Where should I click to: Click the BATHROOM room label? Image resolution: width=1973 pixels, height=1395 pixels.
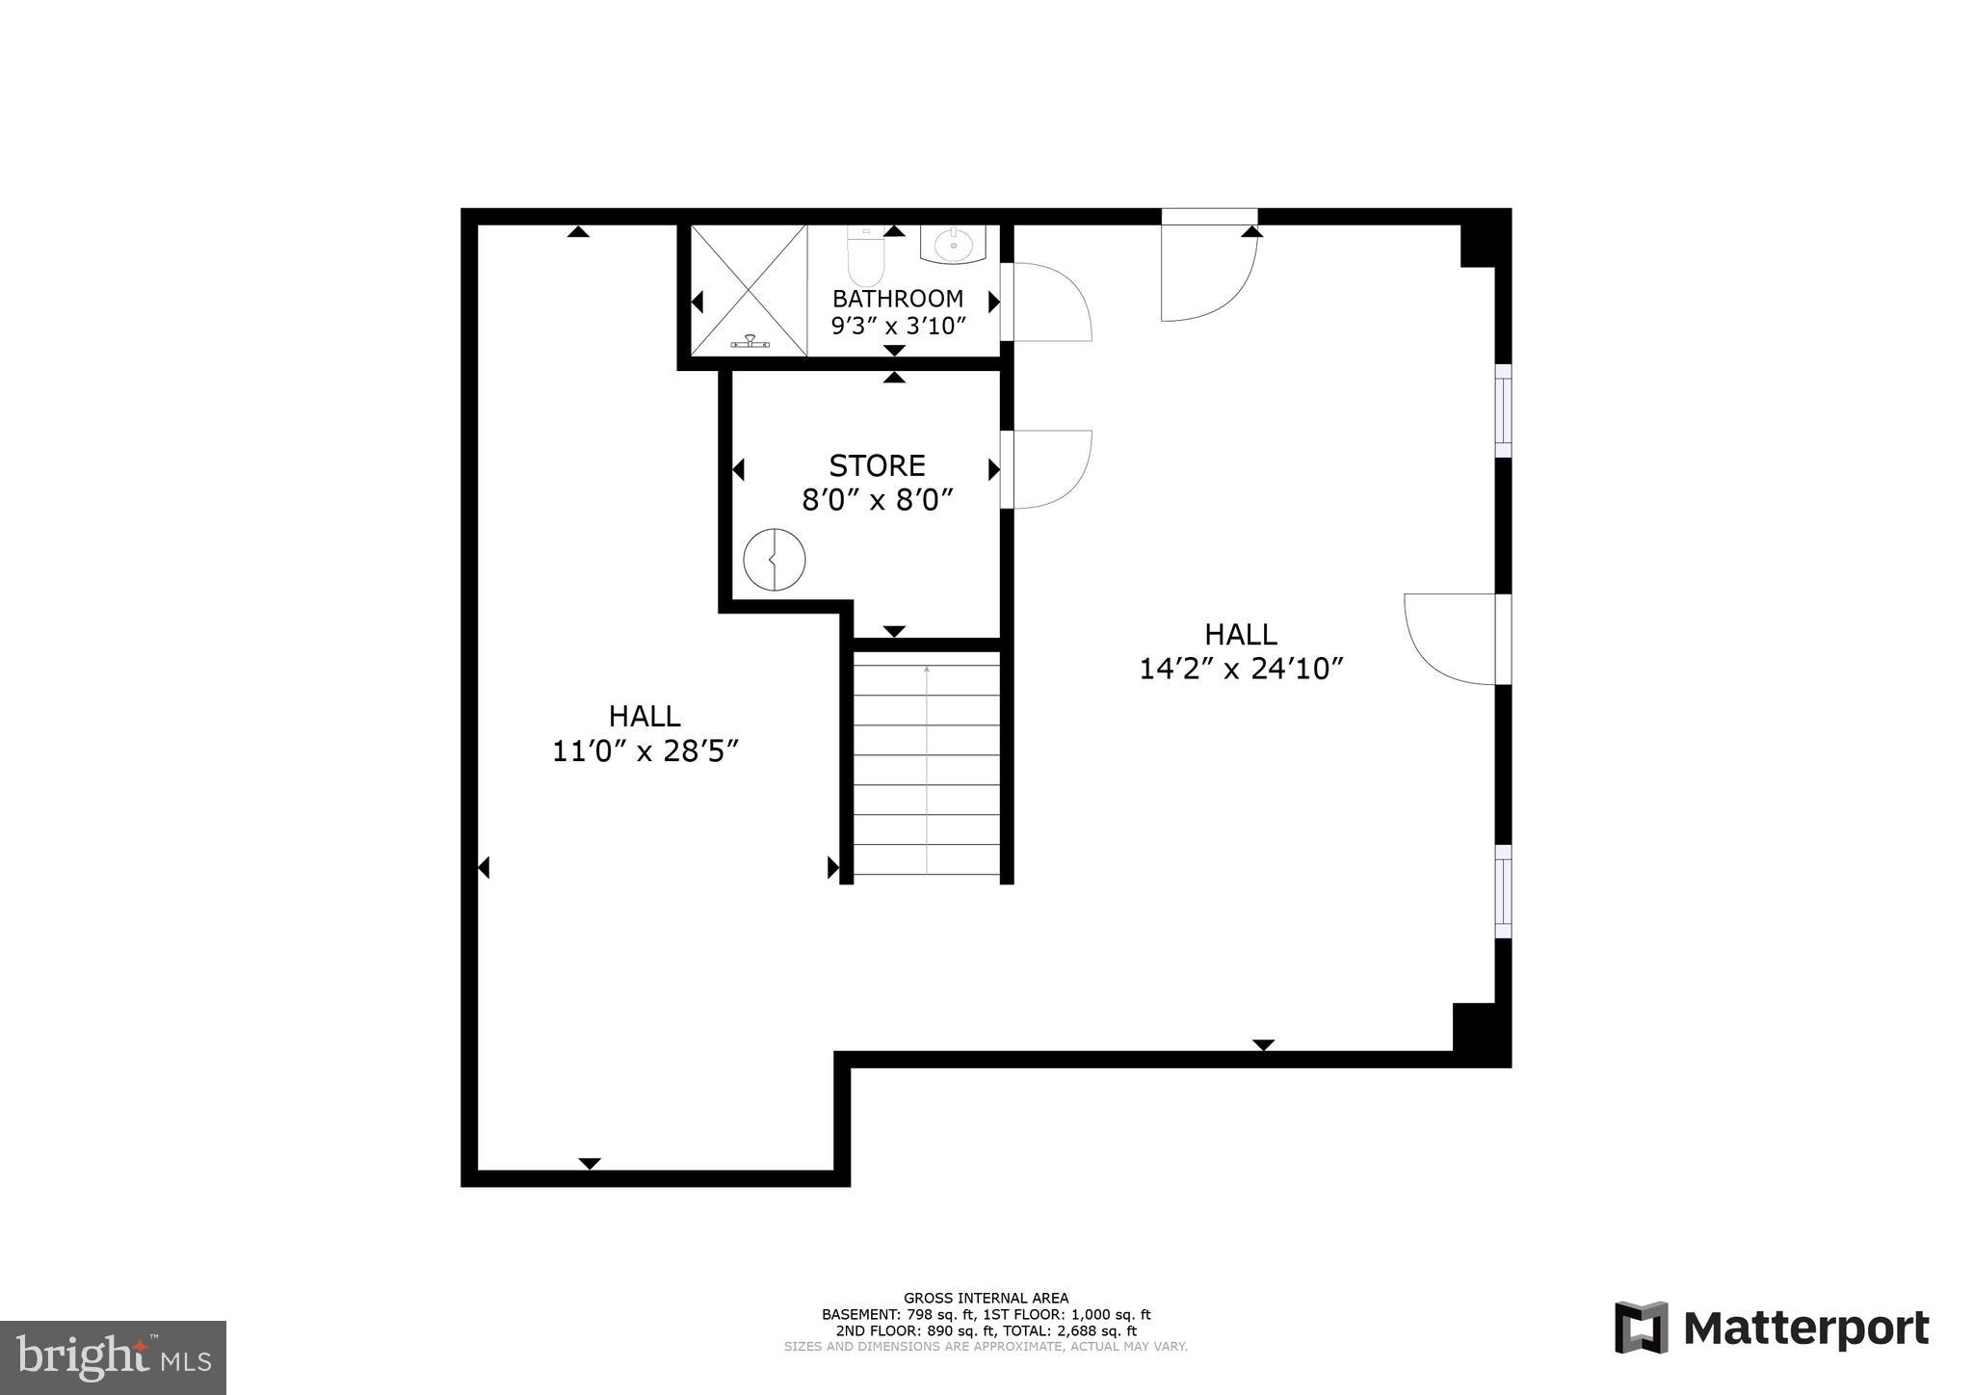(x=897, y=299)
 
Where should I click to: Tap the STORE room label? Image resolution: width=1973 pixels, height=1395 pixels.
(x=877, y=466)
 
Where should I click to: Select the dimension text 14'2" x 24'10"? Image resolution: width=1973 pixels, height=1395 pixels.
(x=1241, y=669)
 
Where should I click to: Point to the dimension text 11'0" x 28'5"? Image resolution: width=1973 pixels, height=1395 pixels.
(x=645, y=751)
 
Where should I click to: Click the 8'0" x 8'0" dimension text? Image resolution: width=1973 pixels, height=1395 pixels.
(x=877, y=500)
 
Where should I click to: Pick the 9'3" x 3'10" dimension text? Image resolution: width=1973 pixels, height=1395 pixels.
(x=897, y=326)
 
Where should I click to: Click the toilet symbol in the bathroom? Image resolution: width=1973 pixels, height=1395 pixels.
(x=864, y=256)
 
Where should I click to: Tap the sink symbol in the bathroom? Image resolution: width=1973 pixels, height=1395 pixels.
(x=954, y=245)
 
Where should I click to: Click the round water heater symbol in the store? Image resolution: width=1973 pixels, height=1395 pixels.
(x=775, y=560)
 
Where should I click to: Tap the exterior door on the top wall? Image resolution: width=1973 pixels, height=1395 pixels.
(x=1208, y=270)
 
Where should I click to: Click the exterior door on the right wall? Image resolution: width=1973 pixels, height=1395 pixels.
(x=1453, y=639)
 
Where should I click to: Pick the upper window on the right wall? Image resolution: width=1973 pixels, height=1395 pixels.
(x=1503, y=410)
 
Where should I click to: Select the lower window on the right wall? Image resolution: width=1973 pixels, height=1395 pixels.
(x=1503, y=891)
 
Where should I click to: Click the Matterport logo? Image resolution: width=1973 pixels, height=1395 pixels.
(x=1772, y=1328)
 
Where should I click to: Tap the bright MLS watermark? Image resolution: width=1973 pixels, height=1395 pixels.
(x=113, y=1356)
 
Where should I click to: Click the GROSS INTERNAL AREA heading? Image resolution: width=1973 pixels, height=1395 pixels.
(x=986, y=1298)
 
